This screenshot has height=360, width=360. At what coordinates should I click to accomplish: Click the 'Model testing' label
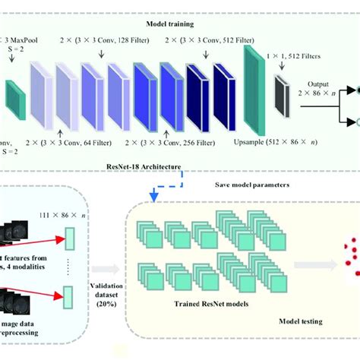(x=295, y=321)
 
